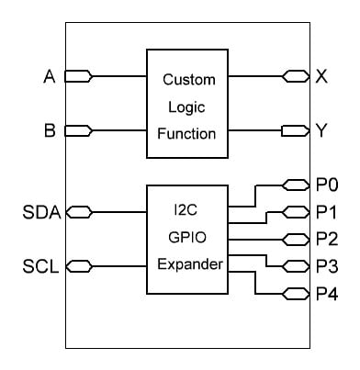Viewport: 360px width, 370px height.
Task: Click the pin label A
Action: pos(50,76)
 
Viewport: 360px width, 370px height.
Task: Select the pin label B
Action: pos(50,131)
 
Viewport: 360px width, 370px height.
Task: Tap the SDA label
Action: pos(41,213)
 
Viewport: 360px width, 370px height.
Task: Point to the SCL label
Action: pos(41,267)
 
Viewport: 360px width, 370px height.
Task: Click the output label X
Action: pos(321,76)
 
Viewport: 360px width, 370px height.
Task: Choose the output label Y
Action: pos(321,131)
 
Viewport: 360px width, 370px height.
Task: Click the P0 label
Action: pos(326,185)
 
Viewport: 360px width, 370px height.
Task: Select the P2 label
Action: pos(326,240)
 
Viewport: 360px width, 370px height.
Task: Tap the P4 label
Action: pos(326,294)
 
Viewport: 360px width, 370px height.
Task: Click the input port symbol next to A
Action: pos(79,76)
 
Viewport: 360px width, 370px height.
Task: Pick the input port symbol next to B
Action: pos(79,131)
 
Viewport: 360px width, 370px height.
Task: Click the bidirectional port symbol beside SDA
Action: pos(79,213)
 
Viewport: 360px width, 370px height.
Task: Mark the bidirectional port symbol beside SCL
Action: pos(79,267)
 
